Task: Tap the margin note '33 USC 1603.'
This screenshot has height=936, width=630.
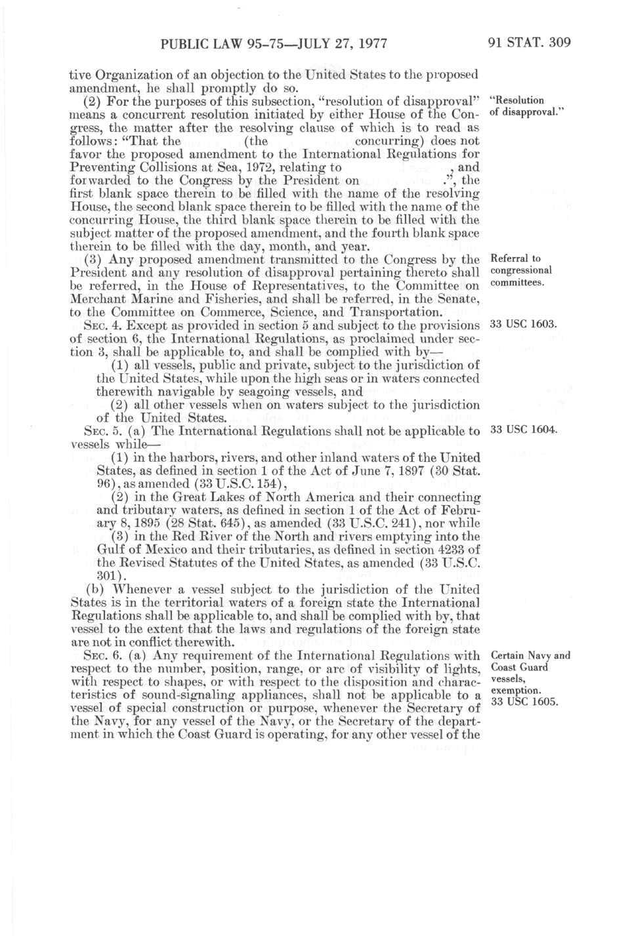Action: pyautogui.click(x=523, y=325)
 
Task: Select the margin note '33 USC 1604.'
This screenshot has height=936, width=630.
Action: pyautogui.click(x=524, y=430)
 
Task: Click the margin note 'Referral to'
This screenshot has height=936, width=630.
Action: pyautogui.click(x=516, y=258)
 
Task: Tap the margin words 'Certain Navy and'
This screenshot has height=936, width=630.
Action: pyautogui.click(x=530, y=655)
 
